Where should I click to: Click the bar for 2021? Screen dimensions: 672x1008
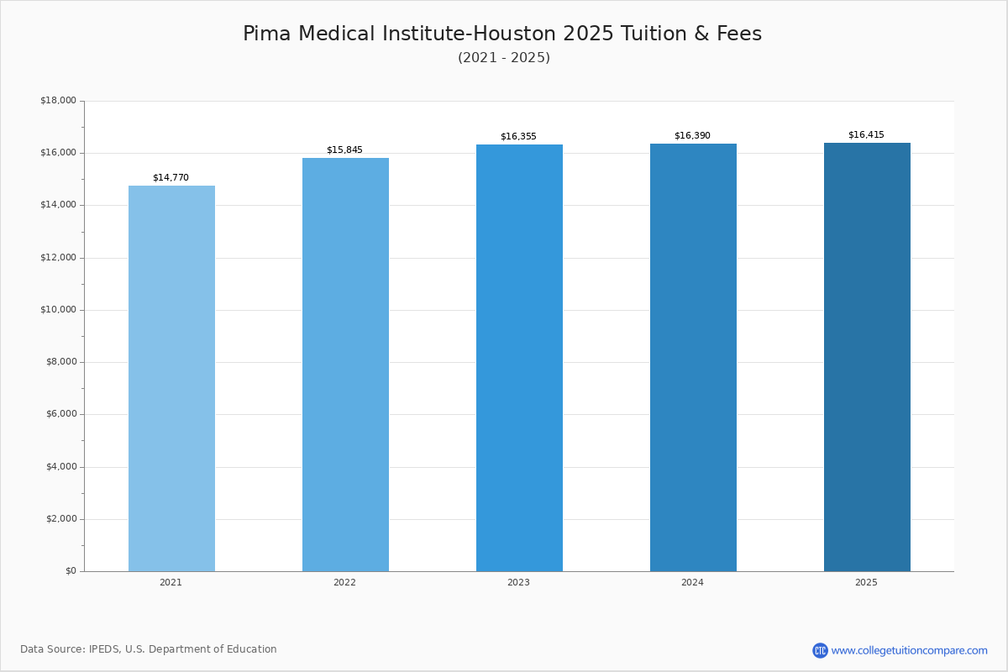(x=171, y=378)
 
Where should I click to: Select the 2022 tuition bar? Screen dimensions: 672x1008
(x=345, y=365)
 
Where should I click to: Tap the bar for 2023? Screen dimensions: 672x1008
(x=519, y=358)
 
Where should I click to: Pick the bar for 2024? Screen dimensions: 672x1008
(x=693, y=357)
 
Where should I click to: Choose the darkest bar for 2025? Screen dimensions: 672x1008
(x=867, y=357)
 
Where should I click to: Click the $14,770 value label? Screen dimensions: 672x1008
(x=171, y=178)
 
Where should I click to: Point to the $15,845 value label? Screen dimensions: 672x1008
(x=344, y=150)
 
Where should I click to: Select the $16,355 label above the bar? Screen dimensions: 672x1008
(x=518, y=137)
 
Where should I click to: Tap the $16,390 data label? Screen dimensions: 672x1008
(x=692, y=136)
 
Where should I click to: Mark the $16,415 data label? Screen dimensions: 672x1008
(x=866, y=135)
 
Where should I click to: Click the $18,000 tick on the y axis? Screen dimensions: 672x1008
(x=58, y=101)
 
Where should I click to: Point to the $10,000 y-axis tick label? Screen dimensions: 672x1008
(x=58, y=310)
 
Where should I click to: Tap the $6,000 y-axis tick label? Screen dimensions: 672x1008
(x=60, y=414)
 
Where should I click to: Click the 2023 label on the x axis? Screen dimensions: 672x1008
(x=518, y=583)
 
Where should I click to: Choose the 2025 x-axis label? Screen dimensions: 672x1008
(x=866, y=583)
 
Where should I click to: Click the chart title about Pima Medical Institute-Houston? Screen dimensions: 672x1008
(x=502, y=34)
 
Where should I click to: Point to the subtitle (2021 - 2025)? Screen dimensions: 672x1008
(x=504, y=58)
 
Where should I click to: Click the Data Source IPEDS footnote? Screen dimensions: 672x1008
(x=149, y=649)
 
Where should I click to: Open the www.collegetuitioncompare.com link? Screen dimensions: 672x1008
(x=909, y=651)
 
